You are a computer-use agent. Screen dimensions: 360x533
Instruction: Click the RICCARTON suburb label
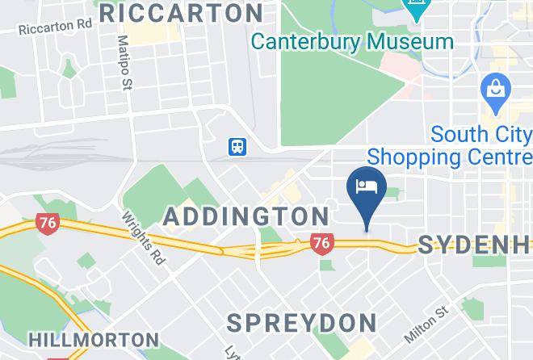point(181,13)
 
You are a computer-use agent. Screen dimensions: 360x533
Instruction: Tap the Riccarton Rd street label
point(56,27)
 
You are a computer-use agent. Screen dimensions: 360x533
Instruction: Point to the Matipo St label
point(124,62)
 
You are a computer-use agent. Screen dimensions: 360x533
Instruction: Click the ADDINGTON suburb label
point(246,216)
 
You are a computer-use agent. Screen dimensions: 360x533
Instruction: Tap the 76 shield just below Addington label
point(321,242)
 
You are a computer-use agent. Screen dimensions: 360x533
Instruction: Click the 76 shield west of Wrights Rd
point(48,224)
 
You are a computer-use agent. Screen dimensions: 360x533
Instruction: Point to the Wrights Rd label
point(143,238)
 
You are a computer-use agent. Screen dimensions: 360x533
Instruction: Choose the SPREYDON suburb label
point(301,323)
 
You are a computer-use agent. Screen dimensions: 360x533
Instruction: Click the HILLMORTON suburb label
point(94,340)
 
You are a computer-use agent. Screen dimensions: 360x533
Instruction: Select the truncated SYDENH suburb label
point(474,245)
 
